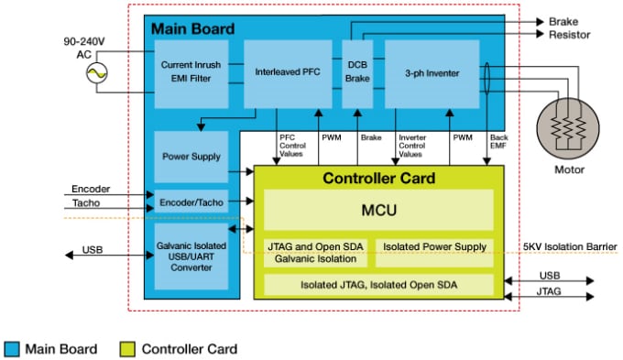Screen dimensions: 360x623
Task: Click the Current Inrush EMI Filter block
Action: pyautogui.click(x=187, y=72)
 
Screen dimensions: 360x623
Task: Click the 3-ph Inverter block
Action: pyautogui.click(x=431, y=72)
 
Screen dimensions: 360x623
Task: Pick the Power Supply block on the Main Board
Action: pyautogui.click(x=188, y=156)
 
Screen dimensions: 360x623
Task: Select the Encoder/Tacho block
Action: pyautogui.click(x=188, y=201)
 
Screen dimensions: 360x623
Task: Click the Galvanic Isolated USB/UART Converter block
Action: pyautogui.click(x=188, y=254)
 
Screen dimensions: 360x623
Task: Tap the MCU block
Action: pyautogui.click(x=378, y=211)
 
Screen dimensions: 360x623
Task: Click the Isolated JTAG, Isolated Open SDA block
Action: pyautogui.click(x=378, y=285)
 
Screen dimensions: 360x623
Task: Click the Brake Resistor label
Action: pyautogui.click(x=569, y=27)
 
